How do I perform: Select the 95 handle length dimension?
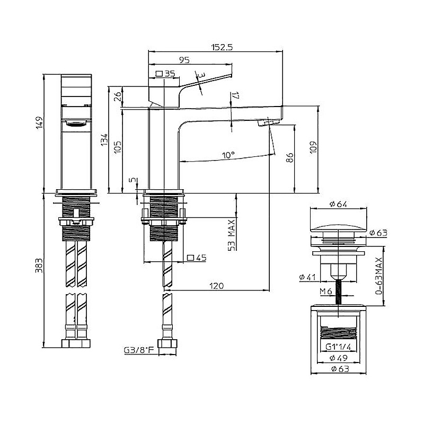coord(184,60)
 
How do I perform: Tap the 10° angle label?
coord(228,155)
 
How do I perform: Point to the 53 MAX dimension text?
coord(232,235)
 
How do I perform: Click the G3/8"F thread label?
coord(139,350)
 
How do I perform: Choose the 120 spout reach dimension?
coord(217,286)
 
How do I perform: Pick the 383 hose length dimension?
coord(39,266)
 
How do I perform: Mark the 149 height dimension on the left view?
coord(39,123)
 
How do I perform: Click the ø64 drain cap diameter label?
coord(338,204)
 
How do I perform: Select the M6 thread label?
coord(326,291)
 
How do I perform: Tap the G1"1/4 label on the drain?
coord(338,347)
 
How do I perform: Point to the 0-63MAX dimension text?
coord(379,276)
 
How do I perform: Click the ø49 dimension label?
coord(339,358)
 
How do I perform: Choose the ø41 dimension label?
coord(308,277)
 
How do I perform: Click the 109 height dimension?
coord(313,147)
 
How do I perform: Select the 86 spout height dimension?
coord(289,157)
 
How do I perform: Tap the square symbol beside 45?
coord(190,258)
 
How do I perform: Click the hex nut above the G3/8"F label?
coord(167,344)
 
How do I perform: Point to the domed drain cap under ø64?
coord(338,228)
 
